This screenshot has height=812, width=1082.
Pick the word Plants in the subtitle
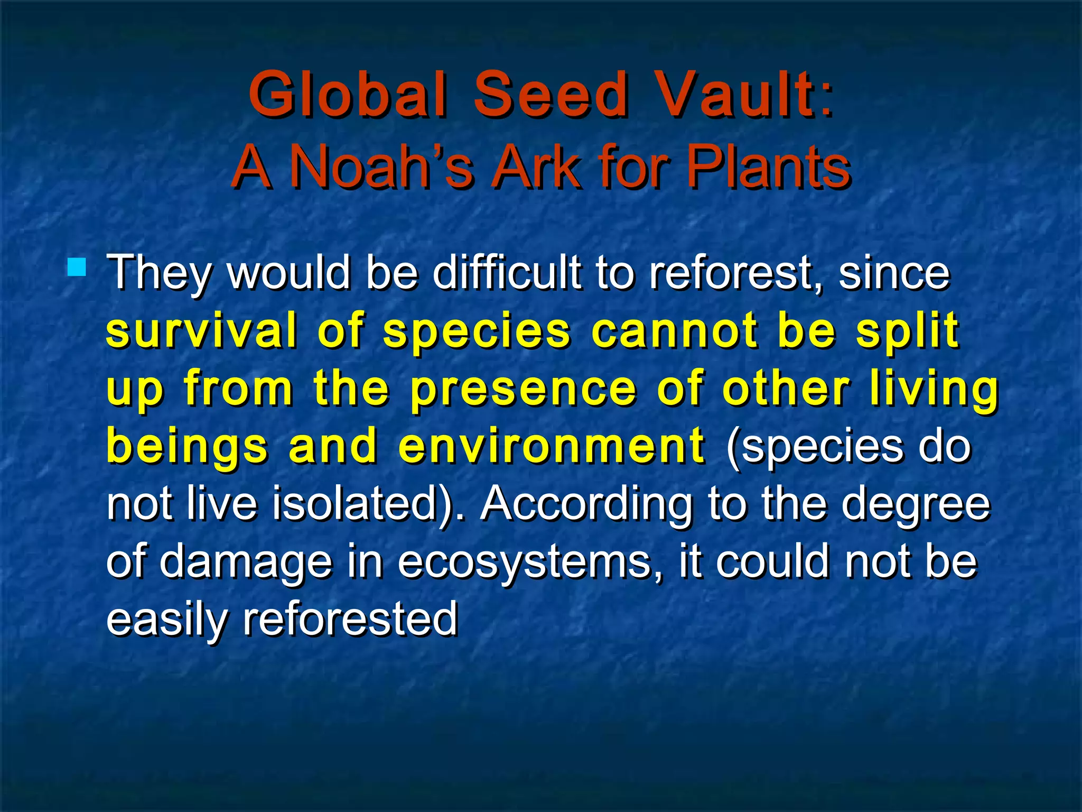768,166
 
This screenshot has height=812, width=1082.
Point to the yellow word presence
523,390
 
